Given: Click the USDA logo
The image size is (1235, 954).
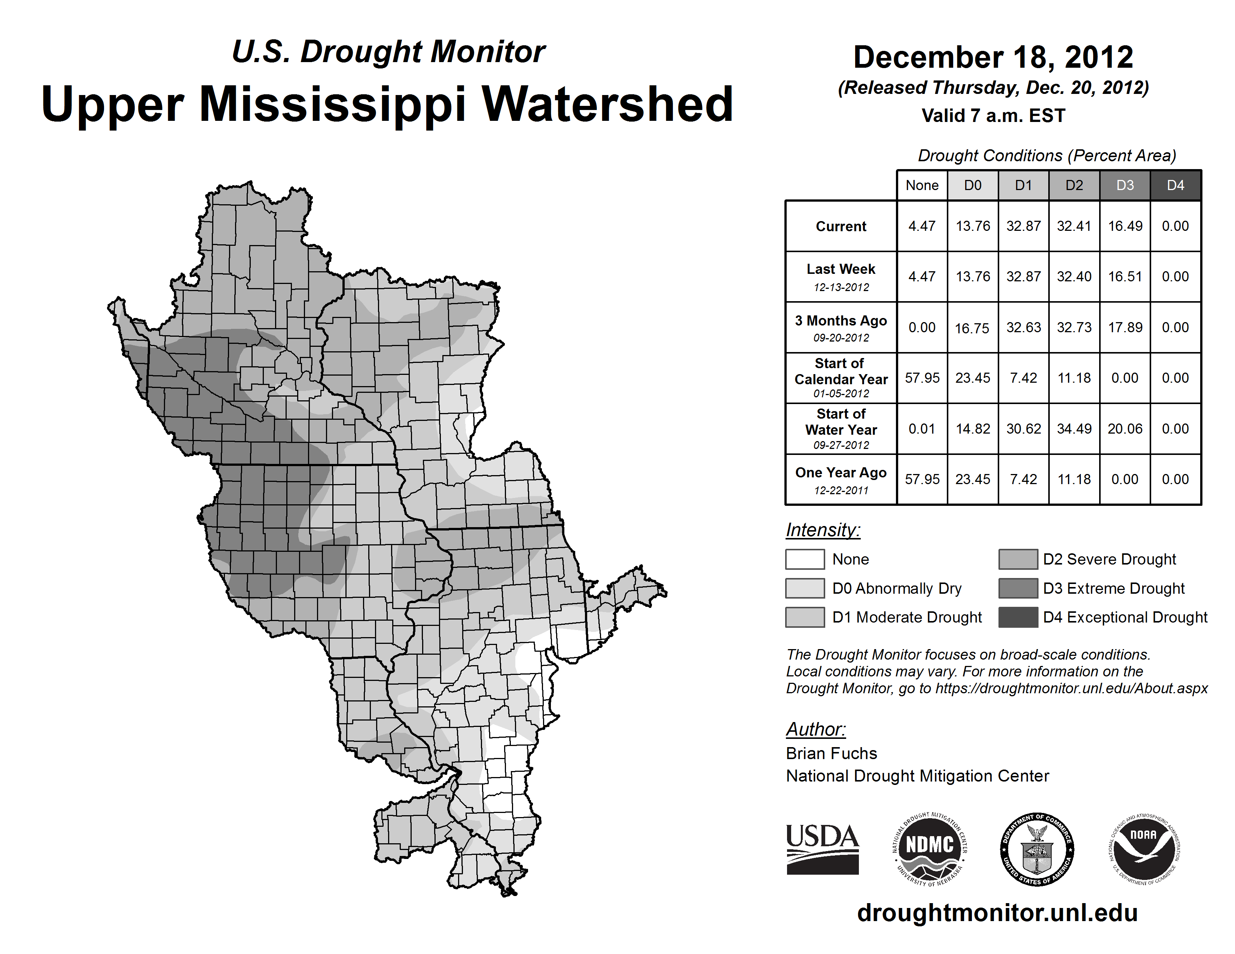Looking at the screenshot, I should [x=822, y=849].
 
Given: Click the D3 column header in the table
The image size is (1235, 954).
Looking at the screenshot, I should [x=1125, y=185].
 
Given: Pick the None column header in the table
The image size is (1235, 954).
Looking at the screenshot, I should [x=922, y=185].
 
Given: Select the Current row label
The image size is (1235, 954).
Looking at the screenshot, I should [x=841, y=226].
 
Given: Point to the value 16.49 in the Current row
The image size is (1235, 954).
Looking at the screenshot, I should [x=1125, y=226].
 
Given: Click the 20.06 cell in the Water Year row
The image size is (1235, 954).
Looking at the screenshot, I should [x=1125, y=429].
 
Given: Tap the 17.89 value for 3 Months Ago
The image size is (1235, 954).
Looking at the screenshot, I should [x=1125, y=327].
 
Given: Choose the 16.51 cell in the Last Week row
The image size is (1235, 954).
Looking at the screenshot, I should [x=1125, y=276].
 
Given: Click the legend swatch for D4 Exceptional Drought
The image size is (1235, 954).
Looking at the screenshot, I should [x=1018, y=617].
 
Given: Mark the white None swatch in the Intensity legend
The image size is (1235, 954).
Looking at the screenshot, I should [x=805, y=559].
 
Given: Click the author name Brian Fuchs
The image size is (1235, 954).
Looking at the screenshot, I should [x=831, y=753].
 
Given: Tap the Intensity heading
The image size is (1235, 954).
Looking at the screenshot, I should [x=823, y=530].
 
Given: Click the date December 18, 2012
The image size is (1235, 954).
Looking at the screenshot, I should [x=993, y=58].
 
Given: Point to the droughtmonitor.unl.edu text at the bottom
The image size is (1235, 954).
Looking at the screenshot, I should [x=997, y=913].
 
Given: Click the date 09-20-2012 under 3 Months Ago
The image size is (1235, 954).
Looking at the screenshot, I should [x=841, y=338].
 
